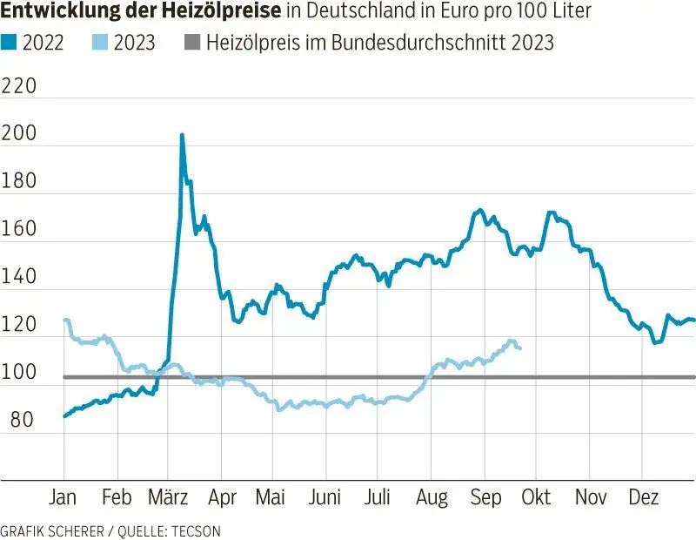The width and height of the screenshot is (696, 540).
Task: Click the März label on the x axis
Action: coord(169,497)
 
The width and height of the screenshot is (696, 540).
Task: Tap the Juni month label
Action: coord(325,497)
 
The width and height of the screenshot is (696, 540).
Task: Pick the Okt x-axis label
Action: coord(537,497)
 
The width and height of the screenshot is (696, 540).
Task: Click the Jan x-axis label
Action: coord(64,497)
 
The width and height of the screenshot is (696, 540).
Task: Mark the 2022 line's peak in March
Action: coord(182,135)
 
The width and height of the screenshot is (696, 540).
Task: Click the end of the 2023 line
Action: coord(519,348)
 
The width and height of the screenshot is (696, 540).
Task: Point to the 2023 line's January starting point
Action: coord(65,321)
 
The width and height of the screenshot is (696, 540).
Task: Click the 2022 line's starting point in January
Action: coord(65,415)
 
